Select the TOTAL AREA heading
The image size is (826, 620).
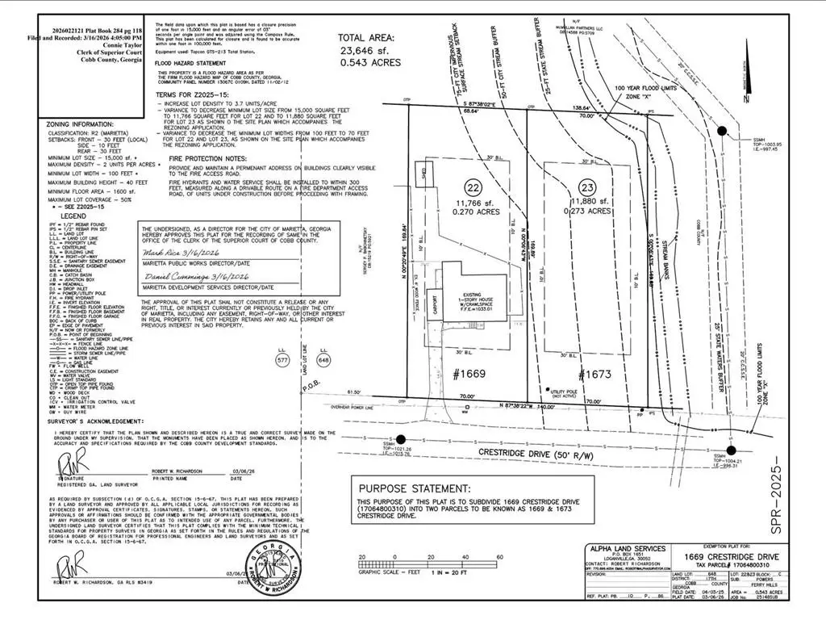coord(365,37)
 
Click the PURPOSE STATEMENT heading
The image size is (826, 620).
coord(415,488)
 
